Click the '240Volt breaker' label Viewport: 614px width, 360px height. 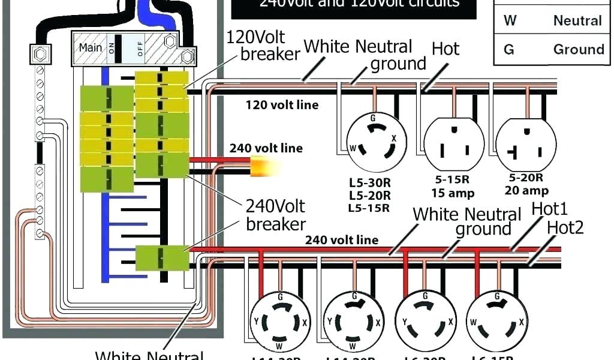(275, 215)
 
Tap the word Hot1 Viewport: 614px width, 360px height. (549, 210)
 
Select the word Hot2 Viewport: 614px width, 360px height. (565, 227)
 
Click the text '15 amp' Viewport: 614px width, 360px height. (453, 193)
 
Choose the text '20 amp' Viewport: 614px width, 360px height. (527, 191)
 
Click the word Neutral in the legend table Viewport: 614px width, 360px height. (577, 20)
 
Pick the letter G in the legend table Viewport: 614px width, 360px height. (508, 49)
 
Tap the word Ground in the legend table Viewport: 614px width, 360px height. (578, 49)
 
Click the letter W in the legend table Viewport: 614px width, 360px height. (510, 20)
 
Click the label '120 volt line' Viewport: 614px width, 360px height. (282, 105)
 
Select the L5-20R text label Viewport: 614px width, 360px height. (369, 195)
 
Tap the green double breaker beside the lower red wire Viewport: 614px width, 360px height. (161, 258)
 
